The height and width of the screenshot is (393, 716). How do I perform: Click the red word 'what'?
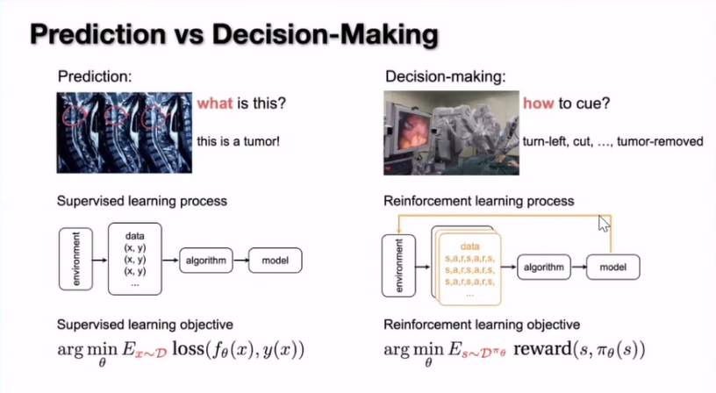(x=214, y=104)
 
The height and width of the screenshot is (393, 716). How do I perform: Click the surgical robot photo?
(x=449, y=132)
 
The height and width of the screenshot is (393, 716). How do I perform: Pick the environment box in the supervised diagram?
(x=75, y=259)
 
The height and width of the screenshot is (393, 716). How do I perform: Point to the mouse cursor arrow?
(x=604, y=224)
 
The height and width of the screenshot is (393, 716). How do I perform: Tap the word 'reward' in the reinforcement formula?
(x=544, y=351)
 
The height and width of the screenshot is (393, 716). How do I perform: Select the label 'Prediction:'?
(x=94, y=77)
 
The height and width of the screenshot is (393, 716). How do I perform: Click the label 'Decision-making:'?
(x=445, y=77)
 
